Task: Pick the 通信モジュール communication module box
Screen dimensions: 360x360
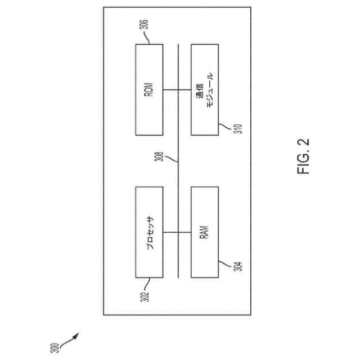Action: pos(205,89)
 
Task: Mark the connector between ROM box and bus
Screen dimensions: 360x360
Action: pos(170,89)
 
